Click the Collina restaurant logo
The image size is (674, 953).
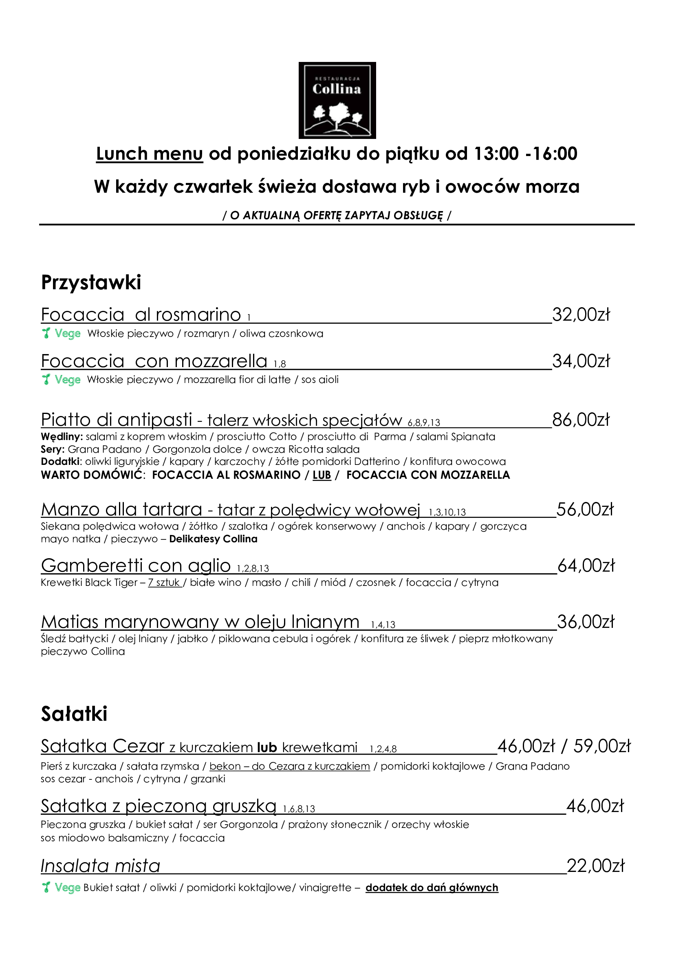tap(337, 101)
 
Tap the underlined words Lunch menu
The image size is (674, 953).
tap(150, 154)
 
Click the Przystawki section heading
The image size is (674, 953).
tap(91, 283)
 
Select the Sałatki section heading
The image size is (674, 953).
tap(74, 714)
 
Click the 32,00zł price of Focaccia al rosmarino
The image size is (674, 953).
tap(581, 315)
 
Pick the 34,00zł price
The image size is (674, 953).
tap(581, 361)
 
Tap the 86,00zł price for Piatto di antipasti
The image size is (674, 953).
tap(581, 420)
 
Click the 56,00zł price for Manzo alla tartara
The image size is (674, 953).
tap(585, 510)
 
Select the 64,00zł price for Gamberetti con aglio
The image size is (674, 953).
tap(586, 566)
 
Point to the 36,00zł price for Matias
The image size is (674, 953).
tap(585, 622)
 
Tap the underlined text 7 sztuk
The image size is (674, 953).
tap(164, 583)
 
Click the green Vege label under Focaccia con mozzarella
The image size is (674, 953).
tap(67, 380)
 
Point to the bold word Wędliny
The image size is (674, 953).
tap(62, 437)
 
